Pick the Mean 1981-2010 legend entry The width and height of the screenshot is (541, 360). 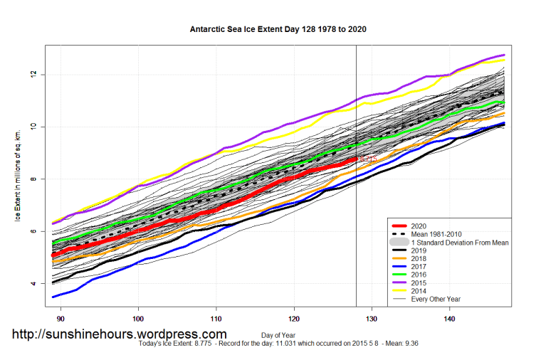441,234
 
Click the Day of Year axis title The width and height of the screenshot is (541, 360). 278,334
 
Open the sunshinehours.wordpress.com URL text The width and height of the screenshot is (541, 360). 120,334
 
